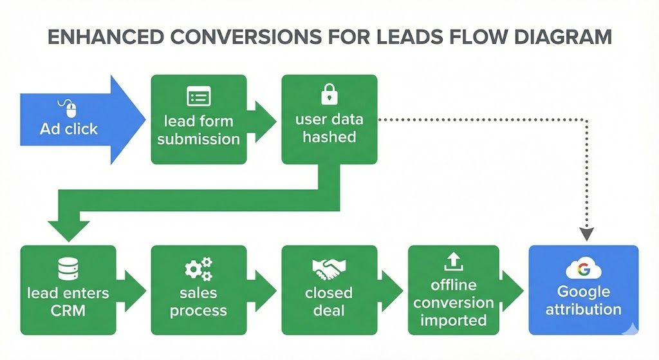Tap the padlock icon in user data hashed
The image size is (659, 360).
(x=328, y=96)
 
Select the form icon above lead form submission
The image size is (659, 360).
(x=198, y=97)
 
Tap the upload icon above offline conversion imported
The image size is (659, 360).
(x=454, y=261)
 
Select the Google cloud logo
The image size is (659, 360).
(x=583, y=269)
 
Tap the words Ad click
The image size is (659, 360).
(x=69, y=129)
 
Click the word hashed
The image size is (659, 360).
(x=329, y=137)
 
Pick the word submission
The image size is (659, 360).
(x=198, y=138)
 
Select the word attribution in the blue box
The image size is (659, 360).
(x=583, y=308)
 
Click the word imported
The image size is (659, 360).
(x=454, y=320)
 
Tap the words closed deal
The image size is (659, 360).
(x=329, y=301)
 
